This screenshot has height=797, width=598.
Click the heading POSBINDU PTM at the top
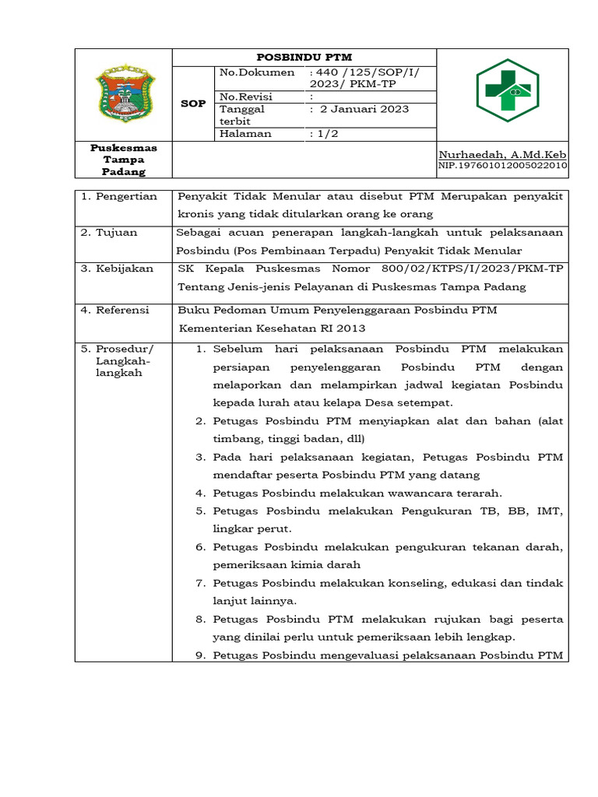click(304, 57)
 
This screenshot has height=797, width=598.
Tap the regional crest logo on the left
click(124, 94)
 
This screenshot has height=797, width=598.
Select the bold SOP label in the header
click(193, 103)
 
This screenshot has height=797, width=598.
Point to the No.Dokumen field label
click(257, 72)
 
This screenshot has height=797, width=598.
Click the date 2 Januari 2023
click(363, 109)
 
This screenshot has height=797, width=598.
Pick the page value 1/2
click(325, 133)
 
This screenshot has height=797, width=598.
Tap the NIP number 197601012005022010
click(503, 166)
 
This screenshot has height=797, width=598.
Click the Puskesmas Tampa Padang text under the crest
click(124, 160)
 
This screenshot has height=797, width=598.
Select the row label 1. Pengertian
click(120, 196)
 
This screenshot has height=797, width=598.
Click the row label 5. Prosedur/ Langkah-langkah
click(120, 360)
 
